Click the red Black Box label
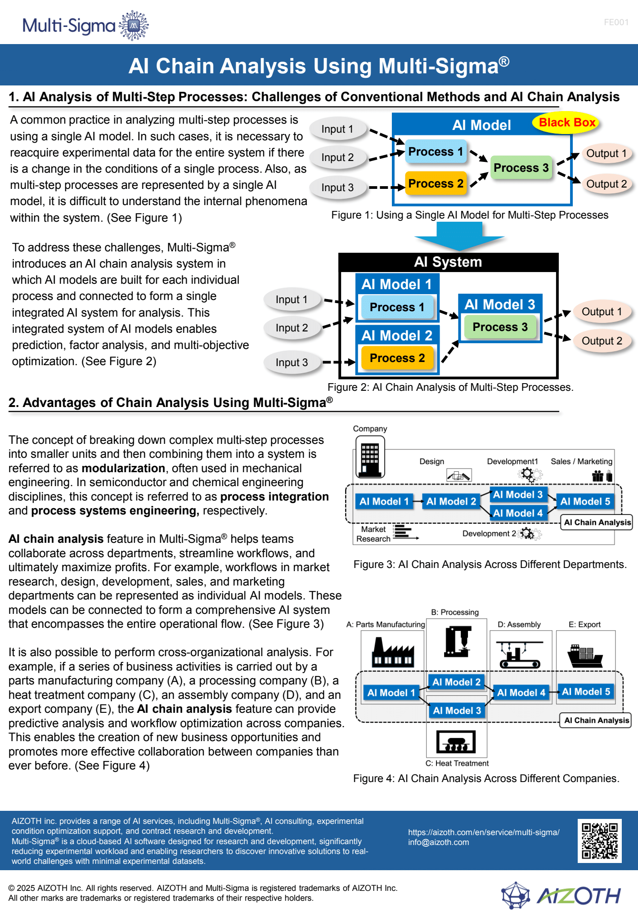click(x=566, y=122)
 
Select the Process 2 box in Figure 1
click(x=436, y=183)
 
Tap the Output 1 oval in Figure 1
click(x=606, y=153)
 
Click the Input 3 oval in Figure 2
click(x=292, y=362)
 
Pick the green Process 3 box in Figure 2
click(x=500, y=327)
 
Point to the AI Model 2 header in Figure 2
click(x=397, y=335)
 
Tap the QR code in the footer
click(x=600, y=841)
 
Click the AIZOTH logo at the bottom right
click(x=561, y=895)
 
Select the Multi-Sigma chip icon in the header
click(x=133, y=26)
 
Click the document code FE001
click(x=616, y=22)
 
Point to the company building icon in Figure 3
click(x=370, y=457)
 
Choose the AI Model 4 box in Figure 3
click(x=517, y=513)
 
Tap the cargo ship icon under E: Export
click(x=585, y=656)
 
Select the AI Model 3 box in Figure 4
click(x=457, y=711)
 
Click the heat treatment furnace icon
click(x=456, y=742)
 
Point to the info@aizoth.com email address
click(x=438, y=842)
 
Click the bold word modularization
click(x=123, y=468)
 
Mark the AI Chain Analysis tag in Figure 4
click(x=596, y=720)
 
